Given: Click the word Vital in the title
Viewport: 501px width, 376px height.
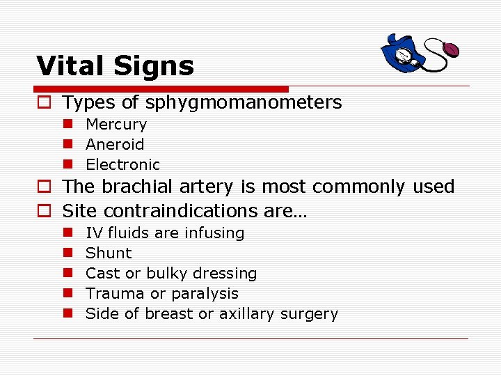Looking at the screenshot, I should pos(68,66).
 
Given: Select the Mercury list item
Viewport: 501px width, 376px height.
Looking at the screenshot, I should pos(116,125).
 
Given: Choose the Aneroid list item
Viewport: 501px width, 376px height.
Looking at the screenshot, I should pos(115,145).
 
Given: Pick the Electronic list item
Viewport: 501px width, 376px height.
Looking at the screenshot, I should pos(122,165).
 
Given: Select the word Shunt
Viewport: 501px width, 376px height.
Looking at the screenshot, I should pos(108,253).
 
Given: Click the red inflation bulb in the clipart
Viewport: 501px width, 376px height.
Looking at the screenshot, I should pos(451,50).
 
